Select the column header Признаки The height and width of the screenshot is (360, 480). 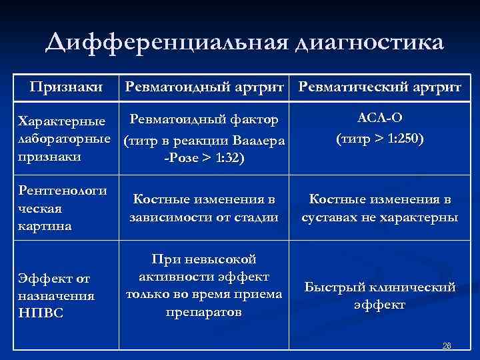point(66,87)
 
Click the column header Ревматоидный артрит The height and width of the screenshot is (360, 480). point(204,87)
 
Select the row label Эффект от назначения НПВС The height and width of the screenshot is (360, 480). point(57,295)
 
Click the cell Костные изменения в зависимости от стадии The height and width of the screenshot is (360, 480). point(204,208)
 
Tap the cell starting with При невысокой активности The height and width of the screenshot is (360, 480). point(204,285)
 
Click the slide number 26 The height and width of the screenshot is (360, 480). point(447,346)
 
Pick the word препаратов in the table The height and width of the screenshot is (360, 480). point(204,312)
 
